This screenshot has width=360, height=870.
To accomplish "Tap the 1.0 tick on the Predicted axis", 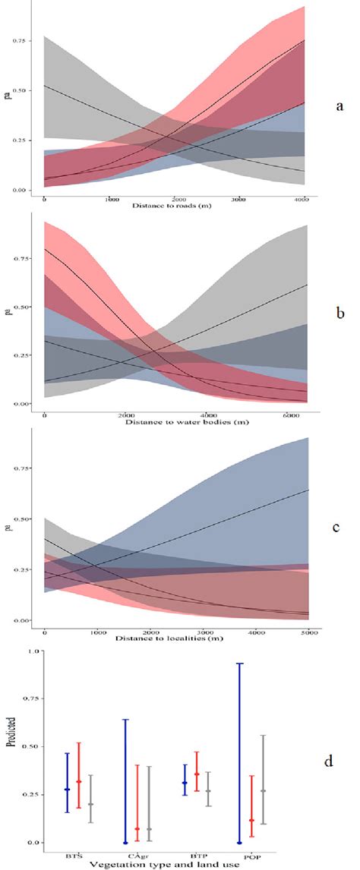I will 30,651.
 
